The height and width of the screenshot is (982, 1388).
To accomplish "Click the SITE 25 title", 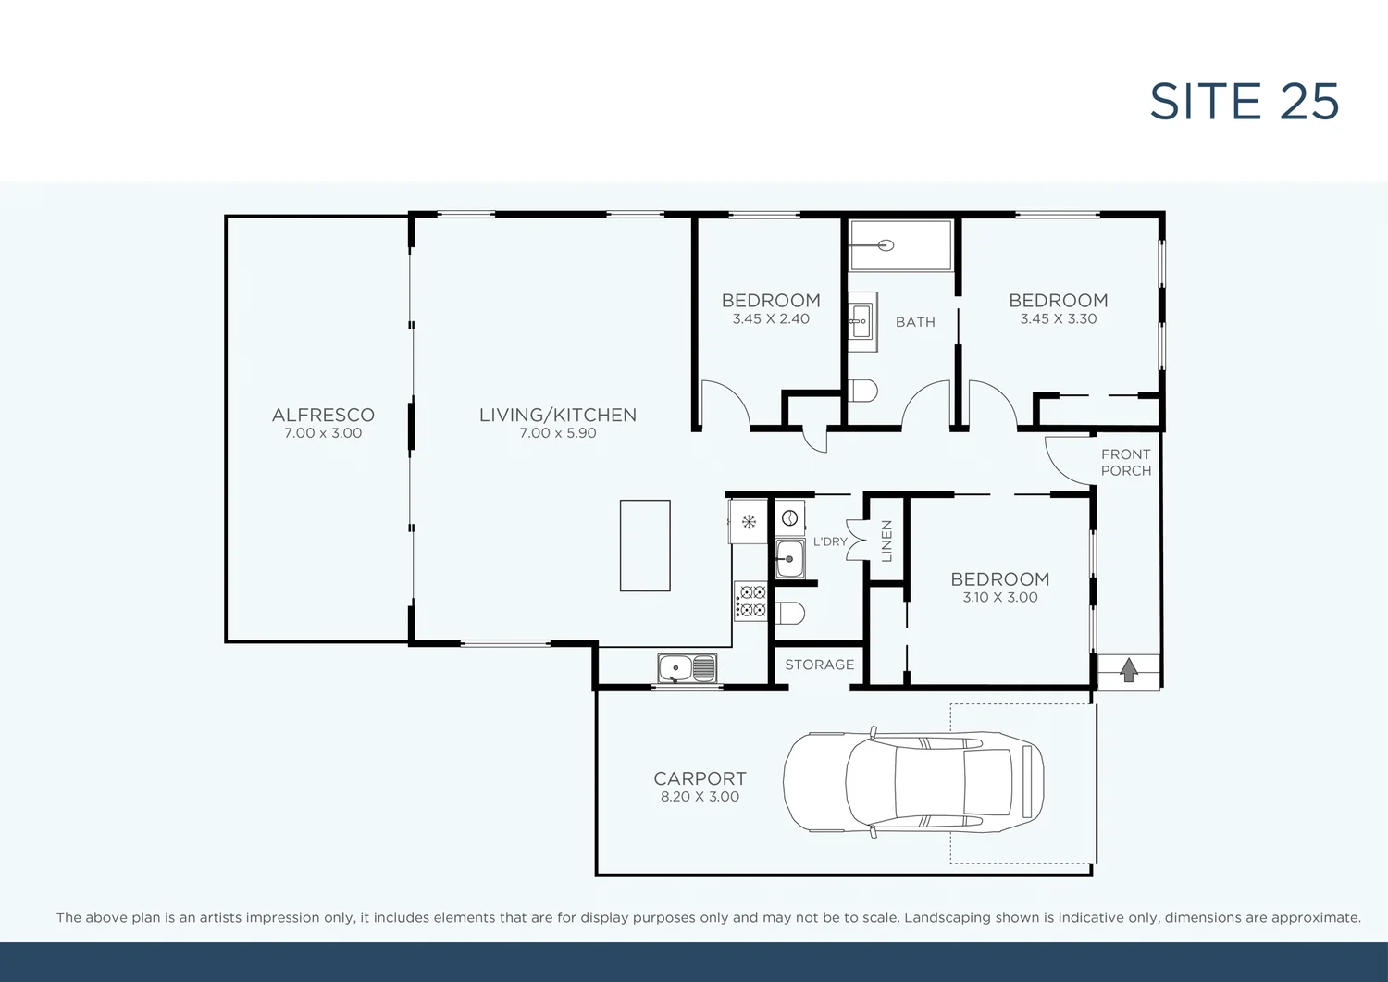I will [x=1244, y=102].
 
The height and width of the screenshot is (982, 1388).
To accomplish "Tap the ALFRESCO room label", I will [x=323, y=416].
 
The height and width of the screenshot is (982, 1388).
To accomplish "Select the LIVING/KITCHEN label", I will [x=557, y=416].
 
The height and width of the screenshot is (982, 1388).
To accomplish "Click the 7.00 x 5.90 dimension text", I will [x=557, y=433].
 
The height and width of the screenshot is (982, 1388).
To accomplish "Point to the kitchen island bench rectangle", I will [x=645, y=545].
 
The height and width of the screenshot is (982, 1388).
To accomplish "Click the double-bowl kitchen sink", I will [x=687, y=667].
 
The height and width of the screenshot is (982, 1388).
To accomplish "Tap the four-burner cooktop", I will [x=750, y=601].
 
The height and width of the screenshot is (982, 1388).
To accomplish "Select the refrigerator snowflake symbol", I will [x=749, y=522].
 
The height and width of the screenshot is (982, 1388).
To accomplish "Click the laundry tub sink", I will [x=789, y=559].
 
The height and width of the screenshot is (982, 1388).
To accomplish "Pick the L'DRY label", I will [x=830, y=541].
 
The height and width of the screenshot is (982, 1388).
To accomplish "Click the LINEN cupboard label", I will [x=886, y=541].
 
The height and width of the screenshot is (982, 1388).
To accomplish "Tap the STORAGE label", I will [x=819, y=665].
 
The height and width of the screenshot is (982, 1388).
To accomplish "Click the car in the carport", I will [x=912, y=782].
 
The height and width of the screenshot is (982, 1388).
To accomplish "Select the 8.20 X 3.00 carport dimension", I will [x=700, y=797].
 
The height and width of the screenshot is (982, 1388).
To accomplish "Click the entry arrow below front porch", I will [x=1128, y=670].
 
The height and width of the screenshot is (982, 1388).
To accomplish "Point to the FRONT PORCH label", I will [x=1126, y=463].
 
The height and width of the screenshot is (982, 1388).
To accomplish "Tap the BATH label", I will [x=915, y=322].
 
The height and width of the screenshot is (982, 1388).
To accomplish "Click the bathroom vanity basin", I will [x=861, y=322].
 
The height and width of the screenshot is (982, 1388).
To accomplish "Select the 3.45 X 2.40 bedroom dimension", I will [x=771, y=319].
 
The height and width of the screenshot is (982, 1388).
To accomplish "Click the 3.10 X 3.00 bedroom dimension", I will [x=999, y=598].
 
